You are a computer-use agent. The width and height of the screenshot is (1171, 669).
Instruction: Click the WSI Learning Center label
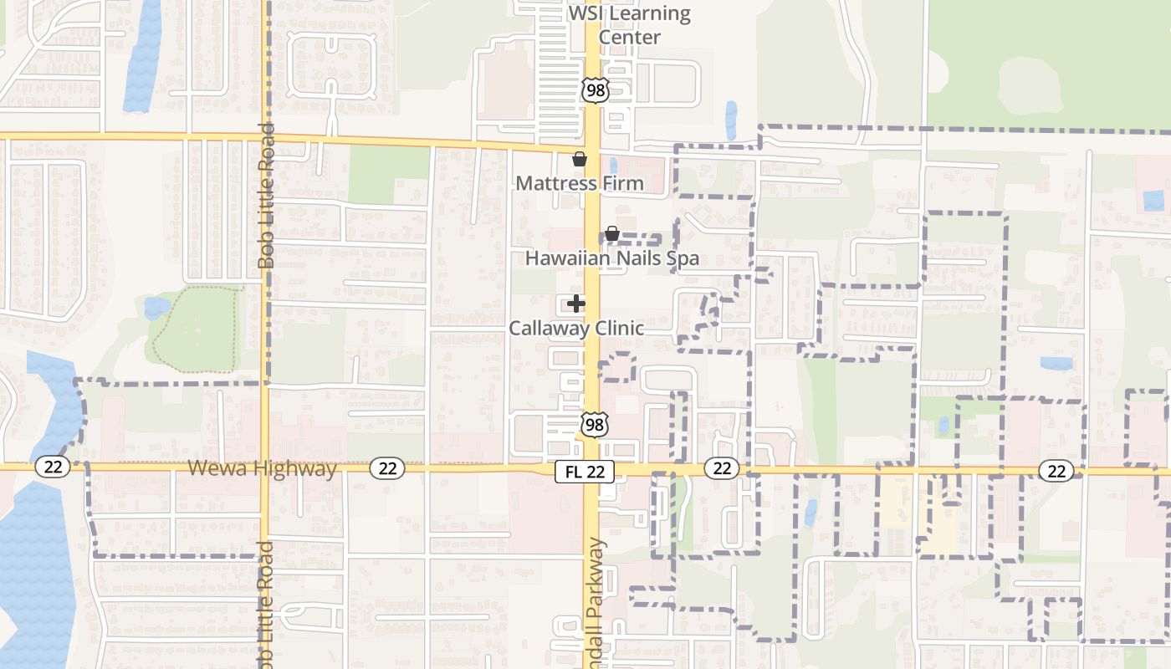pyautogui.click(x=630, y=26)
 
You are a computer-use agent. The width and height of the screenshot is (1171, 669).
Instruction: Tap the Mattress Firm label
pyautogui.click(x=580, y=183)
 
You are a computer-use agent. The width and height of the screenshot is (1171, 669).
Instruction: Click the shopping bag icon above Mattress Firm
pyautogui.click(x=579, y=159)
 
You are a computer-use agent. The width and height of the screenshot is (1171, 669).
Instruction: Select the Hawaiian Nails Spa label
pyautogui.click(x=611, y=258)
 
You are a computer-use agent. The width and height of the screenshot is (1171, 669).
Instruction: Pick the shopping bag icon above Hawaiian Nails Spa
pyautogui.click(x=611, y=233)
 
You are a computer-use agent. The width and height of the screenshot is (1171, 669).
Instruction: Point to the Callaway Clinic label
pyautogui.click(x=576, y=328)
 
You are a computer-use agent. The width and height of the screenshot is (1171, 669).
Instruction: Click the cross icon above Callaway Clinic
pyautogui.click(x=576, y=304)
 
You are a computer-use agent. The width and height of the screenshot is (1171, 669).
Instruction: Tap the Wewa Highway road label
pyautogui.click(x=262, y=468)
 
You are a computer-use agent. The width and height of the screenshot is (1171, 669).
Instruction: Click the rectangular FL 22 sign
pyautogui.click(x=585, y=472)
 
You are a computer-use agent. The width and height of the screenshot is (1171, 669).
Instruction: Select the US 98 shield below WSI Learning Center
pyautogui.click(x=594, y=90)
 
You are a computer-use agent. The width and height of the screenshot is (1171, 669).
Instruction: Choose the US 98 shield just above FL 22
pyautogui.click(x=594, y=425)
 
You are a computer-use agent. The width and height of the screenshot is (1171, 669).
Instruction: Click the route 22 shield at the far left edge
pyautogui.click(x=53, y=467)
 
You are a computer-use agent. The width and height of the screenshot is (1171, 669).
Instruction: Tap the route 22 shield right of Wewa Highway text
pyautogui.click(x=387, y=468)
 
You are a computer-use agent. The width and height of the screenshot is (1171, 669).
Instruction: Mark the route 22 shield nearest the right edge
pyautogui.click(x=1056, y=471)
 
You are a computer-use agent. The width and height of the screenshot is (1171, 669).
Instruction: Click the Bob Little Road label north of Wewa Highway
pyautogui.click(x=266, y=197)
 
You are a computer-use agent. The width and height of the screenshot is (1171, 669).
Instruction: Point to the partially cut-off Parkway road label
pyautogui.click(x=595, y=606)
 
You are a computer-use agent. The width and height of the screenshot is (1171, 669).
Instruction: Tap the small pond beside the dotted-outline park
pyautogui.click(x=156, y=308)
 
